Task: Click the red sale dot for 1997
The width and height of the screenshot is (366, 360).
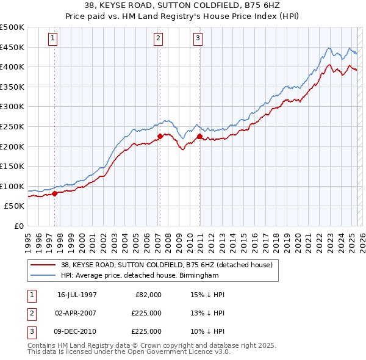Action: click(55, 193)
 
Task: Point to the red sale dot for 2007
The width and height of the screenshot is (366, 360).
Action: click(160, 136)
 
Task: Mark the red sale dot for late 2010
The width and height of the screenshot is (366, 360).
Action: click(199, 136)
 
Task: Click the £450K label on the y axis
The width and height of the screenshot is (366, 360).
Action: click(12, 47)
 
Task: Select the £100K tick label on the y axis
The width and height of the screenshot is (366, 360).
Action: click(12, 186)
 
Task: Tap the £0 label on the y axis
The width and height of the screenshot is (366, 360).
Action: click(18, 226)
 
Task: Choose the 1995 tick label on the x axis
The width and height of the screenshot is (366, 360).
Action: click(28, 239)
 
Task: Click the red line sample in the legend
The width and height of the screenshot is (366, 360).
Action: click(43, 265)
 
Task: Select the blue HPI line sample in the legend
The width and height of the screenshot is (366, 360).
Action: click(43, 275)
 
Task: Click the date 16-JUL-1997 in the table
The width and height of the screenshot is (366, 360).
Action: click(77, 295)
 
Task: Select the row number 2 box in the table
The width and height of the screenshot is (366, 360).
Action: click(30, 313)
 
